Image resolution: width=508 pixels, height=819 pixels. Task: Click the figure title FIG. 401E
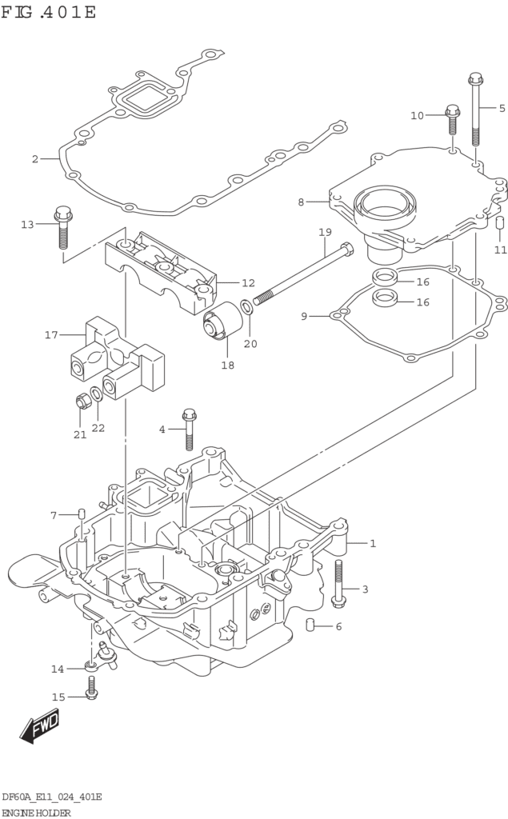tap(48, 11)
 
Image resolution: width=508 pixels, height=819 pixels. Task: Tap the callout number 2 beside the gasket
tap(35, 159)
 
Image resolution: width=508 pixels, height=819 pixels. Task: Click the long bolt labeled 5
tap(475, 110)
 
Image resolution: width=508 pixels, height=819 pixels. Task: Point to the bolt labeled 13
tap(62, 228)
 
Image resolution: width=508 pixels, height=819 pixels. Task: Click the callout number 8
tap(301, 202)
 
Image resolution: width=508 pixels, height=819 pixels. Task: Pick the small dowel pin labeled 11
tap(499, 223)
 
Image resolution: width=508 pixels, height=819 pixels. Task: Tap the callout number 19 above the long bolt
tap(325, 232)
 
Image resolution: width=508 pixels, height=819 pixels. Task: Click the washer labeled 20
tap(247, 307)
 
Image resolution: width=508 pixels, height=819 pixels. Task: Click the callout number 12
tap(248, 283)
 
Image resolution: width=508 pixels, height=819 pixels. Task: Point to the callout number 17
tap(51, 335)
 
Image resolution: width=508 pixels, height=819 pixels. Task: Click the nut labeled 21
tap(82, 402)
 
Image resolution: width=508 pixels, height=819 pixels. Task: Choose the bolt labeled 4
tap(189, 429)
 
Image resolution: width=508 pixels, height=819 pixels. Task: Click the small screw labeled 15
tap(92, 688)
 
